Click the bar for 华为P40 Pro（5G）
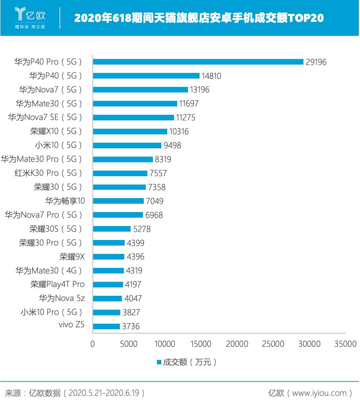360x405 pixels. coord(198,62)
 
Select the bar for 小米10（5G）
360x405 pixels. coord(127,145)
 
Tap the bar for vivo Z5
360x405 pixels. coord(106,326)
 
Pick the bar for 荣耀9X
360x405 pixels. coord(109,257)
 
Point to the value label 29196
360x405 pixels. coord(316,62)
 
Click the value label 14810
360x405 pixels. coord(211,76)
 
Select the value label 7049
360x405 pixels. coord(154,201)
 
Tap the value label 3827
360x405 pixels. coord(131,313)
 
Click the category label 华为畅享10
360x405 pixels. coord(65,201)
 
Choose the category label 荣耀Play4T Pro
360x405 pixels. coord(57,285)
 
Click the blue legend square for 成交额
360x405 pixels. coord(159,362)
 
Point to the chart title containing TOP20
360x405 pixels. coord(199,18)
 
